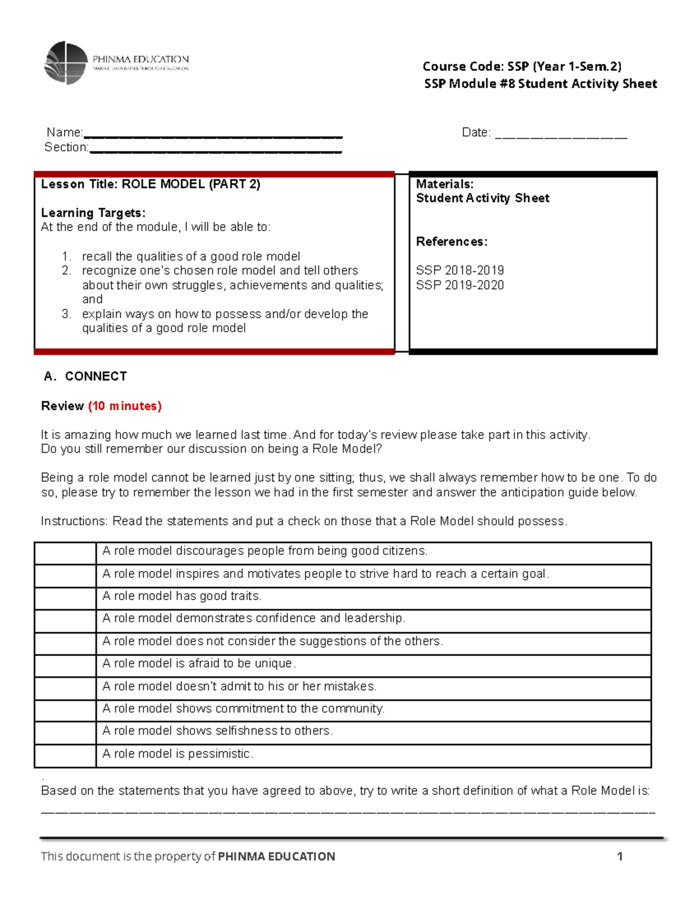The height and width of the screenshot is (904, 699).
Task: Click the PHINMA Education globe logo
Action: click(x=66, y=63)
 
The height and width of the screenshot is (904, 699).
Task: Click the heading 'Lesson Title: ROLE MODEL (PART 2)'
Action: click(x=150, y=185)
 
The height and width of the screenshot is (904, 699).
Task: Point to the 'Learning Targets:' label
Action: click(x=93, y=213)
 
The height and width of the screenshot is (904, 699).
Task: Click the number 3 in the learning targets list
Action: click(x=66, y=314)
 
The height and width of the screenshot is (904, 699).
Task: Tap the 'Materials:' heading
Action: click(x=444, y=185)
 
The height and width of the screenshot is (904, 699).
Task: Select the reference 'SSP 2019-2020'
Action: click(x=460, y=285)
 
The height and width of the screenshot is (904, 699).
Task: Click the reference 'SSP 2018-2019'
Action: click(x=460, y=271)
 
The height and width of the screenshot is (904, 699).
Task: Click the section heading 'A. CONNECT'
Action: click(x=86, y=377)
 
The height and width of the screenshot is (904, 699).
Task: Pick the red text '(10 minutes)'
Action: click(x=125, y=406)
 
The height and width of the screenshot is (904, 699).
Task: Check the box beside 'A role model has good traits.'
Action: click(x=65, y=598)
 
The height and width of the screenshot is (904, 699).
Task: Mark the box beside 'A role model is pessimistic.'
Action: click(x=65, y=756)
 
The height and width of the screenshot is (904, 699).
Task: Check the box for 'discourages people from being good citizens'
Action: click(x=65, y=553)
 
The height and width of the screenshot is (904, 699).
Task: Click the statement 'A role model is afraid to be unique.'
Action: click(x=199, y=664)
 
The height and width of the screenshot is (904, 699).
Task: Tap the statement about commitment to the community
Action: click(x=243, y=709)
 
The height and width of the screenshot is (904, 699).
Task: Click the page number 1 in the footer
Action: click(x=620, y=856)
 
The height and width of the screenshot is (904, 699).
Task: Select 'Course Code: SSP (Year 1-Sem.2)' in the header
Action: click(x=522, y=66)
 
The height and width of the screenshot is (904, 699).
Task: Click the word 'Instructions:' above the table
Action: click(x=75, y=522)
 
